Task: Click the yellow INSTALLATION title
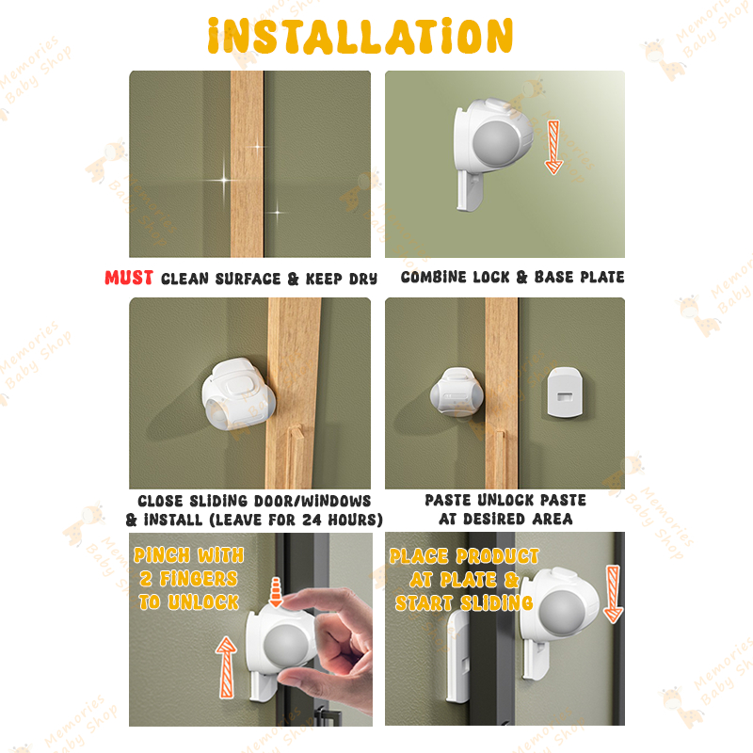[x=360, y=36]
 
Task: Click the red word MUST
[x=129, y=278]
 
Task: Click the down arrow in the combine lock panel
[x=553, y=147]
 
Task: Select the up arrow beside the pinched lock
[x=226, y=667]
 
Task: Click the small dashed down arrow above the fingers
[x=276, y=592]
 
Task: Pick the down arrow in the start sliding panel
[x=614, y=594]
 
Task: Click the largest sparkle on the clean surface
[x=224, y=181]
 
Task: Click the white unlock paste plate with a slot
[x=565, y=393]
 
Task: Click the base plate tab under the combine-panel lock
[x=469, y=191]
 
